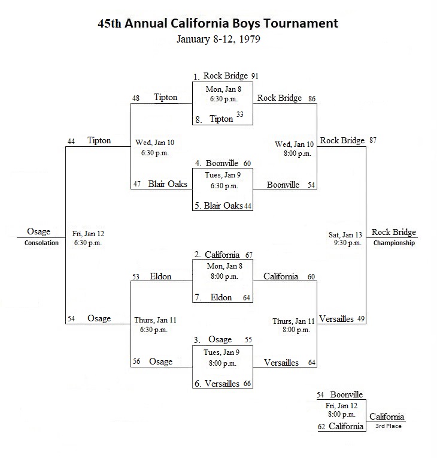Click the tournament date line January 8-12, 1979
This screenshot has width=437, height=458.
218,39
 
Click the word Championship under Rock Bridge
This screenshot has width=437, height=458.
394,243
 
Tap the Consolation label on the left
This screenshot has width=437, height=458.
41,243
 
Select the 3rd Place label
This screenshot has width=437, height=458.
389,426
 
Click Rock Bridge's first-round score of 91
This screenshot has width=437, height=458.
255,76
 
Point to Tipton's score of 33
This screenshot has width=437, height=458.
240,115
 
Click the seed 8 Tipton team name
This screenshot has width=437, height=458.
221,119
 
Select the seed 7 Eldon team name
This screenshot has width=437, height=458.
221,297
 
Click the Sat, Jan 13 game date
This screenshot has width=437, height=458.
345,235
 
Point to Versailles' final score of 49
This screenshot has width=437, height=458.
361,319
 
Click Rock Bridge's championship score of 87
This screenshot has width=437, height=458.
373,140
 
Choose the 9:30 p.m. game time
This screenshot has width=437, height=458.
348,243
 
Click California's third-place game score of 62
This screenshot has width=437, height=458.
321,426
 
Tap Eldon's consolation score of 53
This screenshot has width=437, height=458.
136,276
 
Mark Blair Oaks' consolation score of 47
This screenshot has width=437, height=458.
137,183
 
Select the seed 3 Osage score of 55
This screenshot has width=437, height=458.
248,340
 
